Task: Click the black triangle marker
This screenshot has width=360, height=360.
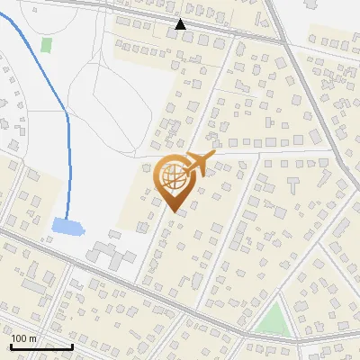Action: point(181,24)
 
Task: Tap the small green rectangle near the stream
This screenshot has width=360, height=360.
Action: point(46,44)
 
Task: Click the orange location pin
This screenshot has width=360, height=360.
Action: point(175,180)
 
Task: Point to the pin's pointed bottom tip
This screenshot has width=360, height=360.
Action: point(175,211)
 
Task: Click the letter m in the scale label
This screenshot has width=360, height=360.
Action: point(32,338)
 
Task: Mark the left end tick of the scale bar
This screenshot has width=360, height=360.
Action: point(11,345)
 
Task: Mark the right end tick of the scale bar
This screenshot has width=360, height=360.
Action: point(72,345)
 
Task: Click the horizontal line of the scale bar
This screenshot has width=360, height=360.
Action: point(41,346)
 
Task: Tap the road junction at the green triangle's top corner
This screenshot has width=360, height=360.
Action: point(279,297)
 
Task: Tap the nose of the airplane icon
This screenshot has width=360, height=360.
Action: point(214,157)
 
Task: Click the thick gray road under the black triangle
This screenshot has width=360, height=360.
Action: point(181,34)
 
